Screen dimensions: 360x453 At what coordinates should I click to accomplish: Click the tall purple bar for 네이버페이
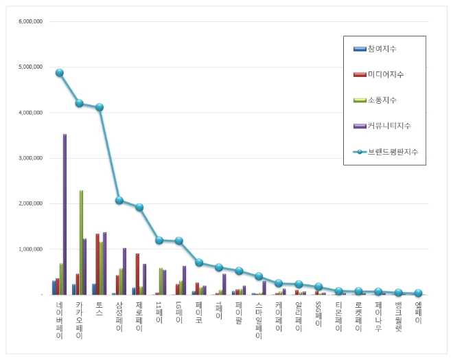click(x=65, y=214)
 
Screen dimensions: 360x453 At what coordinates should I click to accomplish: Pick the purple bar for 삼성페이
click(x=124, y=271)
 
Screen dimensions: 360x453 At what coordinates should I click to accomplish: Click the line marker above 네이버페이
click(x=60, y=73)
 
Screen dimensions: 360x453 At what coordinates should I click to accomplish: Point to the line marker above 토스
click(x=100, y=107)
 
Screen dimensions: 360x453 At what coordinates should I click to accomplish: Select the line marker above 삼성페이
click(x=119, y=201)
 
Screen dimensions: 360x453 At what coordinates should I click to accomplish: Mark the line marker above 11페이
click(x=159, y=240)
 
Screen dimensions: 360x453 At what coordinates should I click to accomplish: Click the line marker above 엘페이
click(x=418, y=293)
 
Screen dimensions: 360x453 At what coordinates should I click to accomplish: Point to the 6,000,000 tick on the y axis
click(x=29, y=21)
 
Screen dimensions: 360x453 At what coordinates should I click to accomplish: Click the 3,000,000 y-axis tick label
click(x=29, y=158)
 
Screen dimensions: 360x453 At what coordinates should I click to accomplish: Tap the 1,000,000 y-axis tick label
click(x=29, y=249)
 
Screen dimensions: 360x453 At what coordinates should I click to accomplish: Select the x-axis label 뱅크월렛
click(x=398, y=317)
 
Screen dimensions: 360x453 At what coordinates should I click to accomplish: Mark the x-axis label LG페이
click(x=179, y=313)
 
